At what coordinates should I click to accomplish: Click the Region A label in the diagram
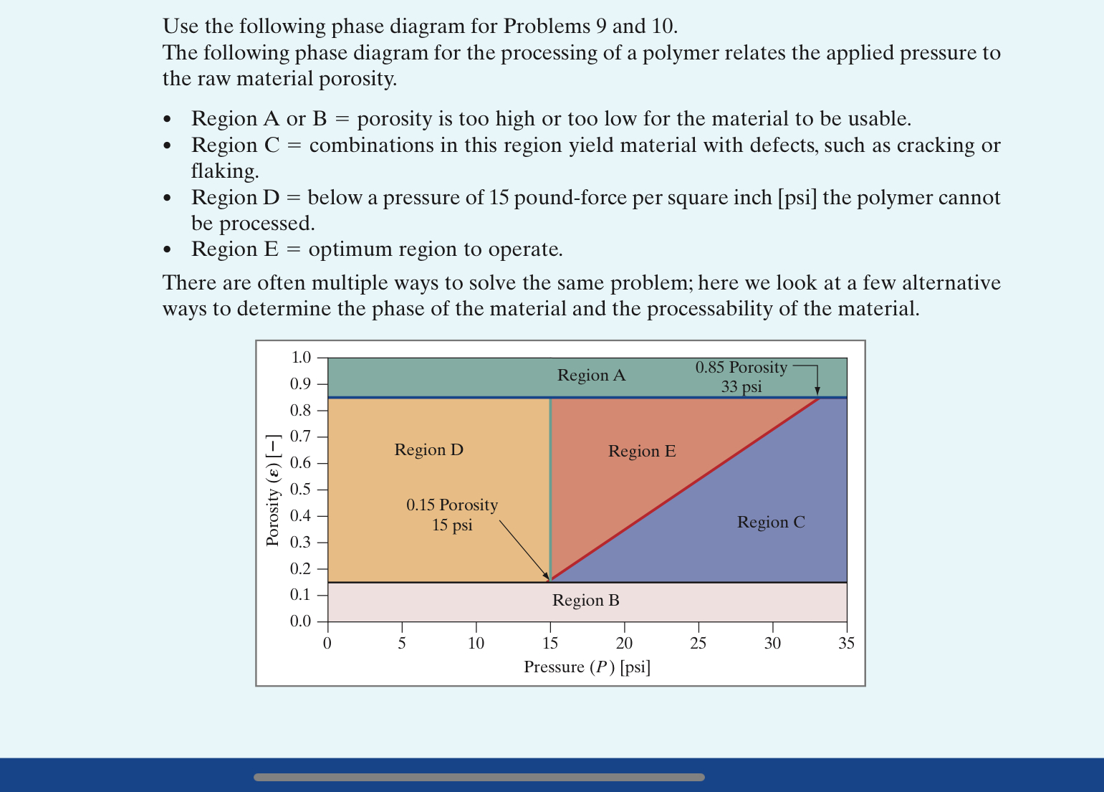coord(591,376)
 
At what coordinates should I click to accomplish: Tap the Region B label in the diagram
coord(585,601)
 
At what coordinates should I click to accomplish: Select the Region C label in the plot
coord(771,523)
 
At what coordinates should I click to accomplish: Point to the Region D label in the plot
coord(428,450)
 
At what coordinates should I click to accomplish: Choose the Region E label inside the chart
coord(642,452)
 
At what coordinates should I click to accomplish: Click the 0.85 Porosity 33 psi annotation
coord(741,377)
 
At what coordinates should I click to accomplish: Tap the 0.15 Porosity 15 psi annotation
coord(452,515)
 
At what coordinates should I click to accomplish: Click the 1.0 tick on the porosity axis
coord(301,358)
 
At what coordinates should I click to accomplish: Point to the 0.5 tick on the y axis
coord(301,490)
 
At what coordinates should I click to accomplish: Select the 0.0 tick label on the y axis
coord(301,621)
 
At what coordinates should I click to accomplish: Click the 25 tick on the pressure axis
coord(699,644)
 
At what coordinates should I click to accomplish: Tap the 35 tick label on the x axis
coord(846,644)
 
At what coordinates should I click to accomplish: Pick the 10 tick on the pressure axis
coord(476,644)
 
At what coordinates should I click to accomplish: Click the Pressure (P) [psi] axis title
coord(587,667)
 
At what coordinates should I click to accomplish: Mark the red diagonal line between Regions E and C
coord(684,489)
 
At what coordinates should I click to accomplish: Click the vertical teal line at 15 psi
coord(550,487)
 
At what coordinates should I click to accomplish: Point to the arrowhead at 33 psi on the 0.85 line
coord(817,391)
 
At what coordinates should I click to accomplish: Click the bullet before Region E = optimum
coord(168,250)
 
